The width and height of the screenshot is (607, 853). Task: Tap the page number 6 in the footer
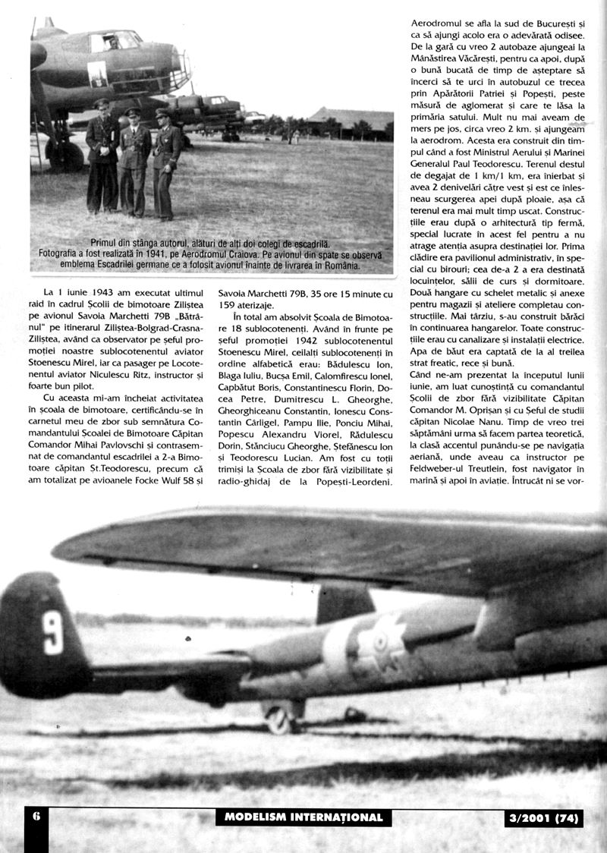36,817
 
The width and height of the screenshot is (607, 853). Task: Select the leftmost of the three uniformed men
102,156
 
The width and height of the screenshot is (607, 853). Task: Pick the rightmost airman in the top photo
165,163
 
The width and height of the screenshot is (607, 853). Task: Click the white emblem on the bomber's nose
99,75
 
